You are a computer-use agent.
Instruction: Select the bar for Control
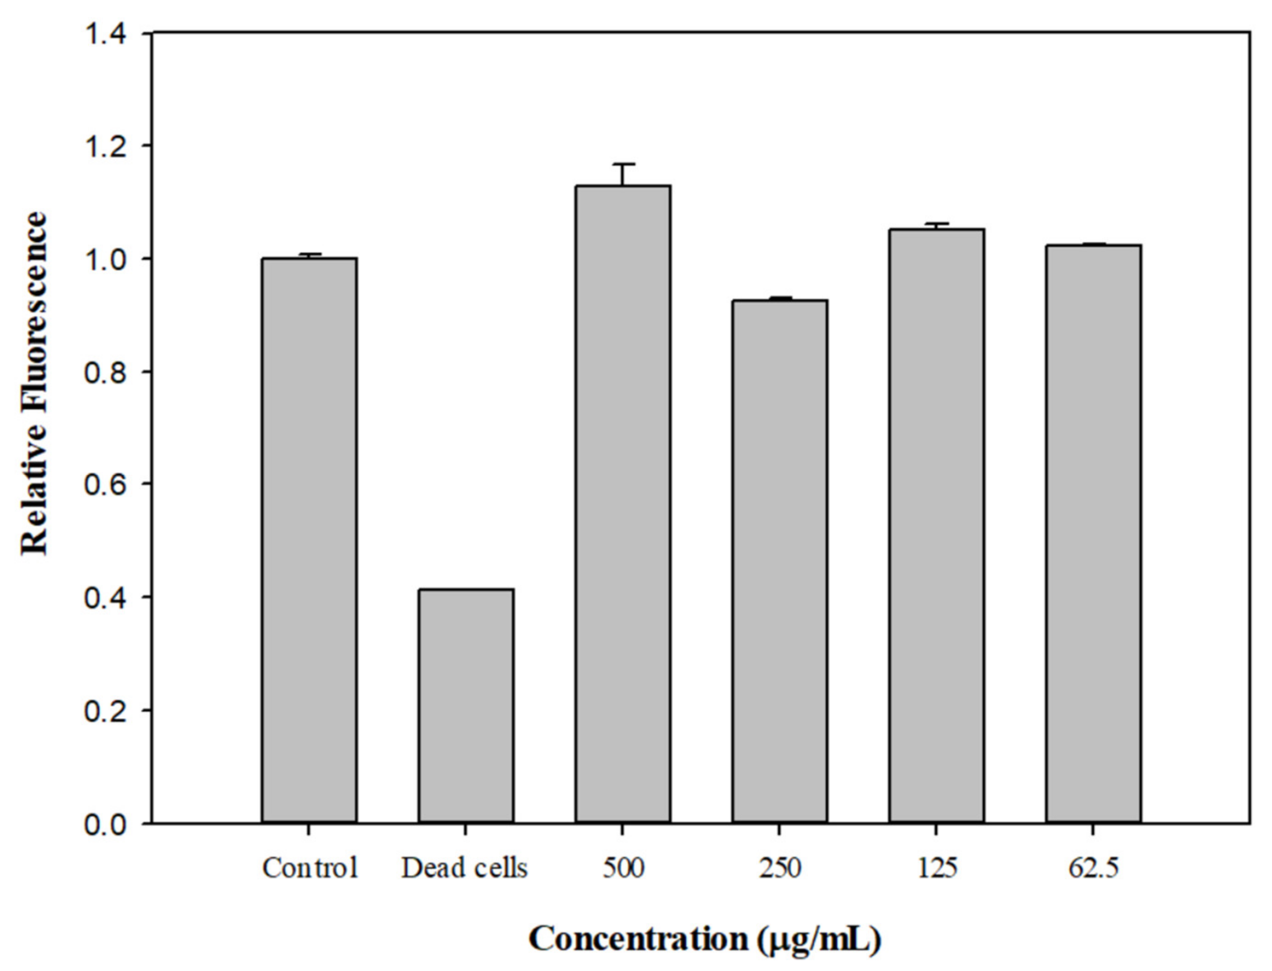(309, 541)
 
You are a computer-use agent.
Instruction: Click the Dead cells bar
(466, 706)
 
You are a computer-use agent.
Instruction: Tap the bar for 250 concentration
(779, 561)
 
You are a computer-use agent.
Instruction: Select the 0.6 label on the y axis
(105, 484)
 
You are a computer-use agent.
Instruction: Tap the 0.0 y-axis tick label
(105, 824)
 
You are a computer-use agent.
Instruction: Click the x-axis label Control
(310, 868)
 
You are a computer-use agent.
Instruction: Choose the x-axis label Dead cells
(465, 868)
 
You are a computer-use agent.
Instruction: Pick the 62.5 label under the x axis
(1093, 868)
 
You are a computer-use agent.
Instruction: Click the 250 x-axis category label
(779, 868)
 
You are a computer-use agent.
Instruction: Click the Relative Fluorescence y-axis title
(33, 385)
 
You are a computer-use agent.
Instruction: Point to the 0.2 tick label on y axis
(105, 711)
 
